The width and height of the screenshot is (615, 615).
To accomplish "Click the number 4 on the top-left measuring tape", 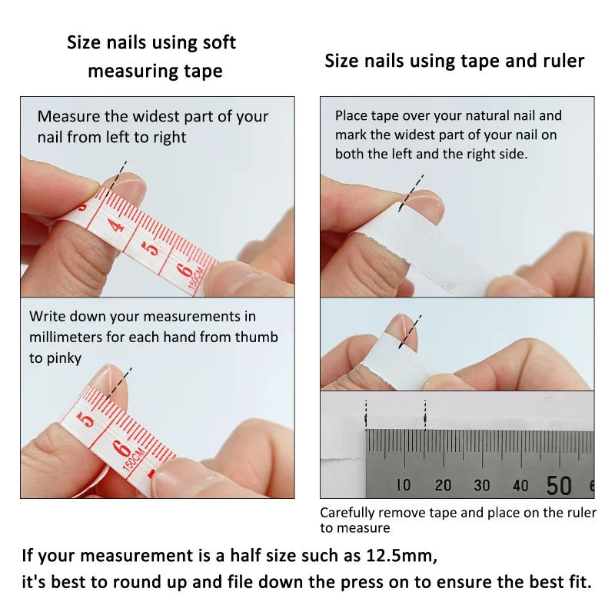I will click(116, 226).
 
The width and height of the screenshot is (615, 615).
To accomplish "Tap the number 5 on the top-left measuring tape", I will click(152, 248).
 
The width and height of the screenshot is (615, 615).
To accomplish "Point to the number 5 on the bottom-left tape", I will click(87, 420).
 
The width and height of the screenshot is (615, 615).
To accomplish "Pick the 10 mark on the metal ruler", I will click(404, 485).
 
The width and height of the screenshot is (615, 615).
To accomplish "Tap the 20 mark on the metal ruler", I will click(443, 485).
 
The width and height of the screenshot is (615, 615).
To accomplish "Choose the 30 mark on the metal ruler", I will click(482, 485).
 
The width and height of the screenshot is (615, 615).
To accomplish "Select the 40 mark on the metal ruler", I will click(520, 485).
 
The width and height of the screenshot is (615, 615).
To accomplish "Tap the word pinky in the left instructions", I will click(63, 358).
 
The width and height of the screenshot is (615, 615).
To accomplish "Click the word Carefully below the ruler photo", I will click(347, 513).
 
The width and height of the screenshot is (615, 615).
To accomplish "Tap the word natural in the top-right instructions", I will click(494, 116).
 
